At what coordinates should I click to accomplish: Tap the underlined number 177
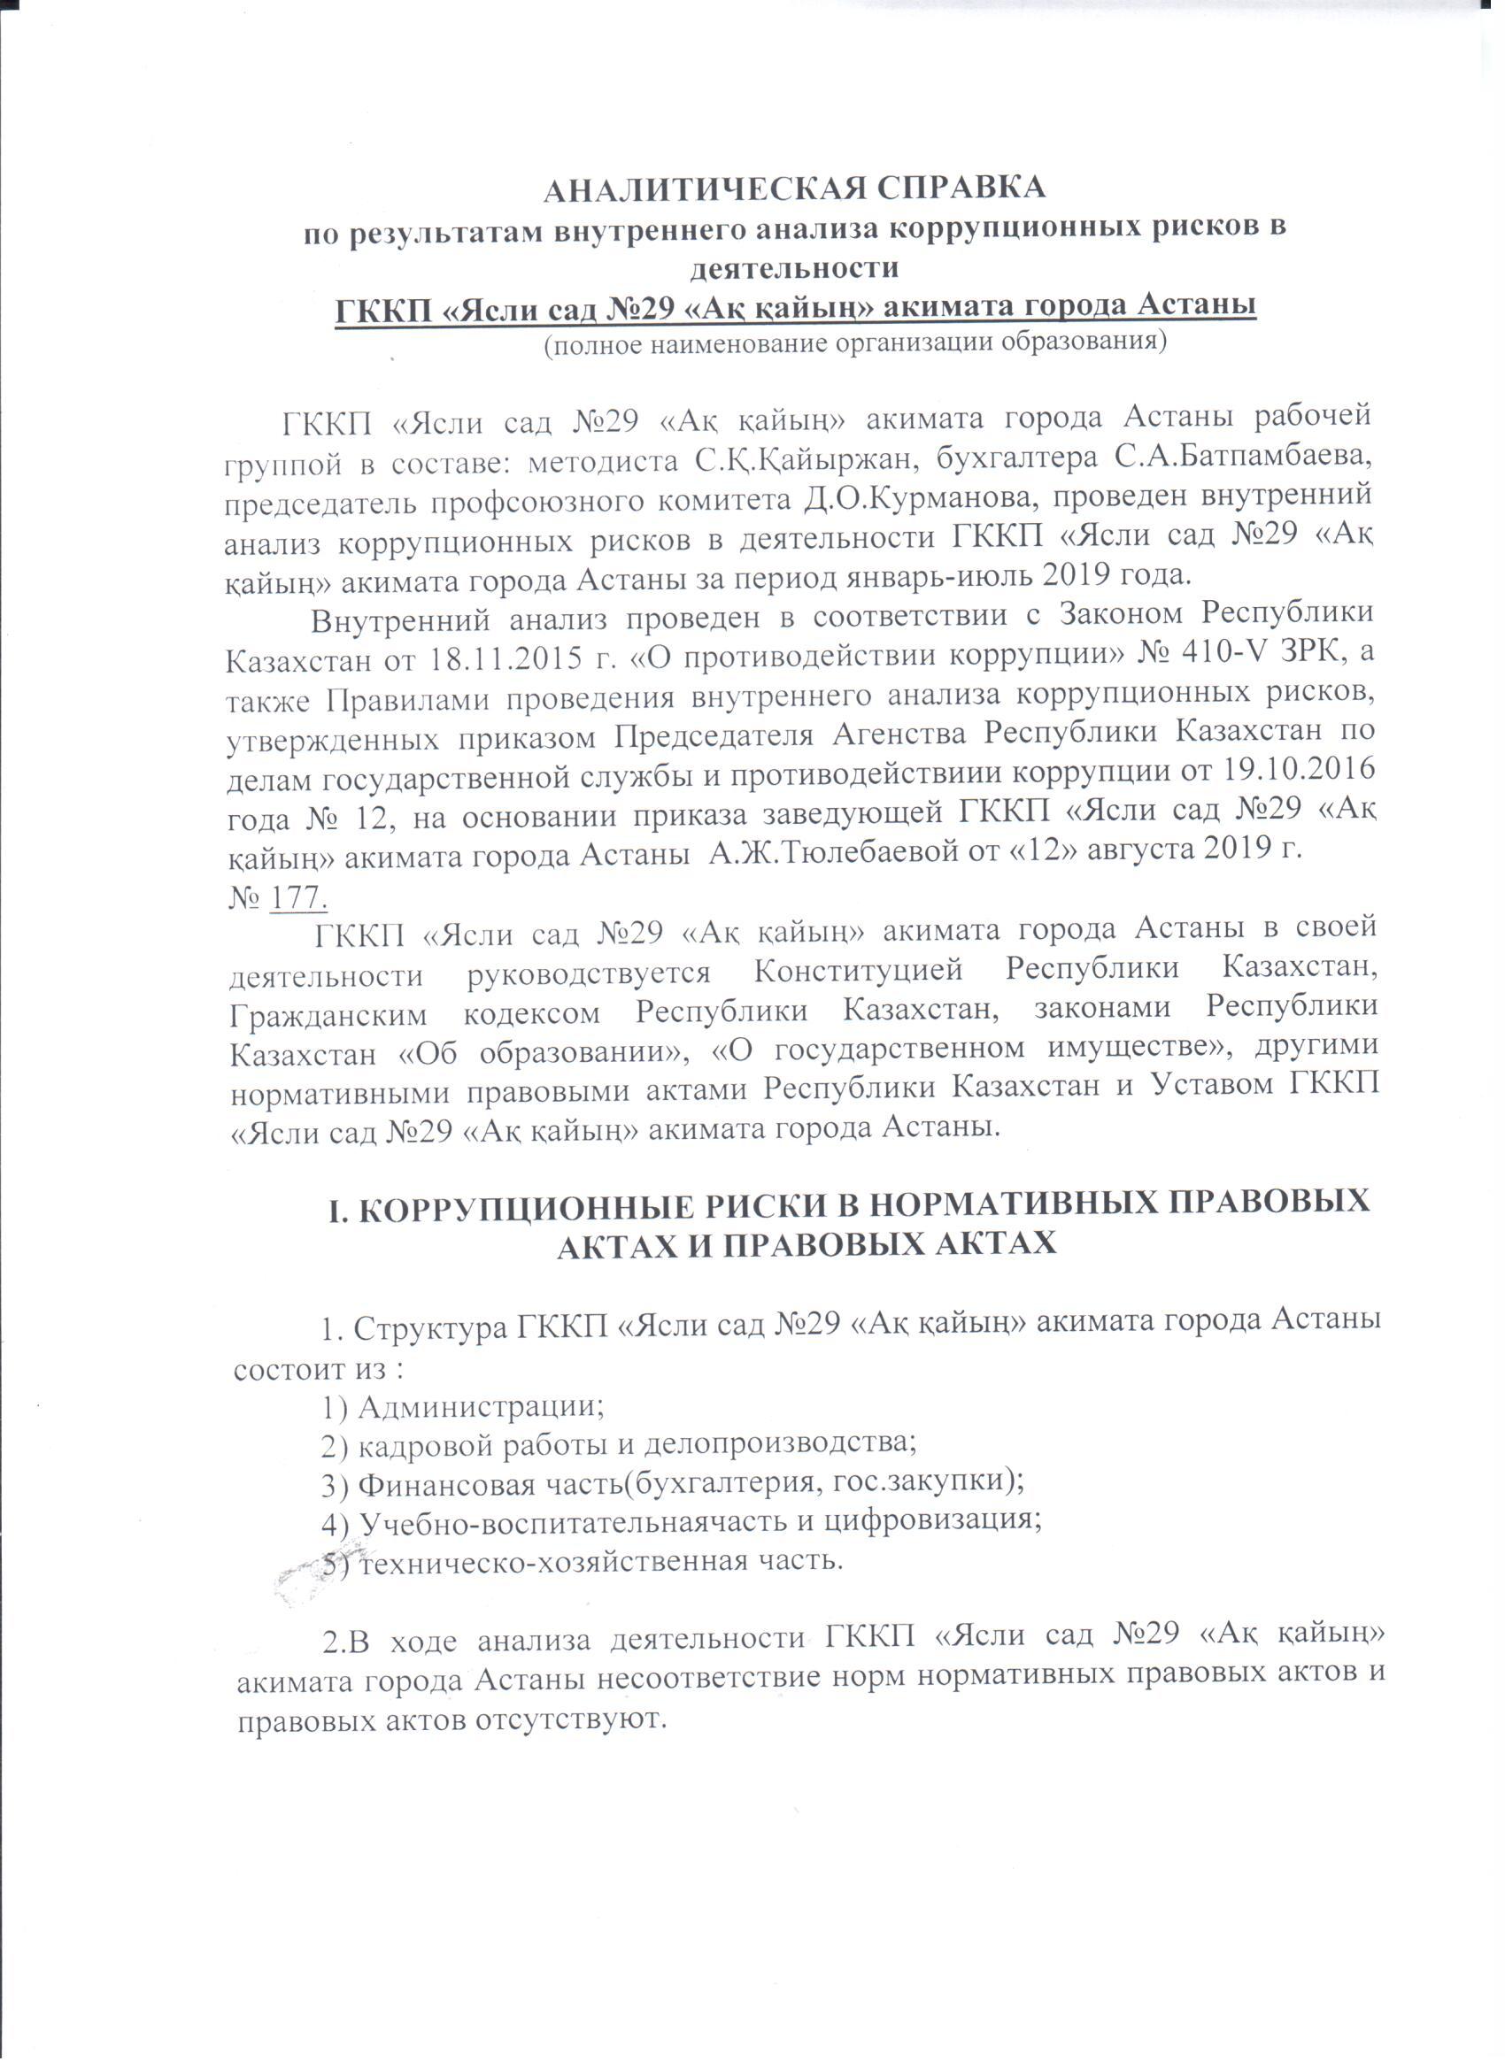tap(299, 897)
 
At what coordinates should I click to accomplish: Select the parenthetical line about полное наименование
tap(855, 346)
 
